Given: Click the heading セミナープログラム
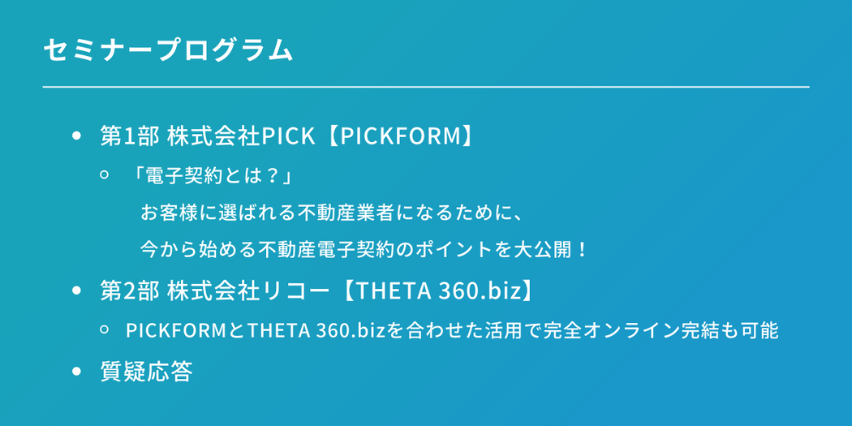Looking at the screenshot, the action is [x=168, y=50].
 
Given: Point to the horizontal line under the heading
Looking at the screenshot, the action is [x=426, y=87].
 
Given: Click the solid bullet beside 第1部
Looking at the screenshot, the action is [x=76, y=136].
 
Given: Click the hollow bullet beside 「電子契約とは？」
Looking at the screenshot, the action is [x=105, y=175].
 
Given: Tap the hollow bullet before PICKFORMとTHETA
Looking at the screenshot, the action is [x=105, y=329].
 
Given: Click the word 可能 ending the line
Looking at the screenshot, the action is [x=763, y=330].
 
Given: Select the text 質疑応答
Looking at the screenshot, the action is [x=147, y=372].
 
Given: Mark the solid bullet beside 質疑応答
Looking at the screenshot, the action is [x=76, y=372].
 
